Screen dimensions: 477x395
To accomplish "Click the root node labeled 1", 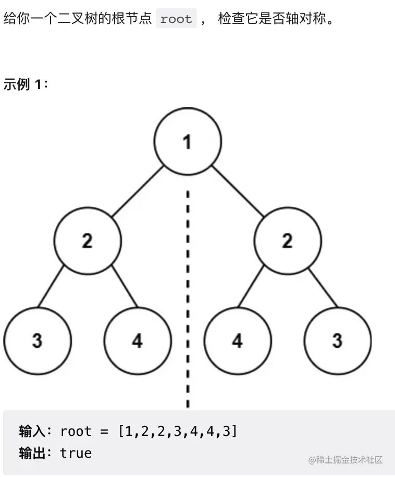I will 188,141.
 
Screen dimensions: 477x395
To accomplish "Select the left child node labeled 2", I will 88,241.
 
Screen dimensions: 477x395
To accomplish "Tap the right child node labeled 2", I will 288,241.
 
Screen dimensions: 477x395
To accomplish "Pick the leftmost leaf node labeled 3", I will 37,341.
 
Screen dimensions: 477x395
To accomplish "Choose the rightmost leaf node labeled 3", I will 338,341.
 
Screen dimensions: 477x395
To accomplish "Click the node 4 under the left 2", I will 138,341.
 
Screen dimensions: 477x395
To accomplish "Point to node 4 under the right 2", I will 238,341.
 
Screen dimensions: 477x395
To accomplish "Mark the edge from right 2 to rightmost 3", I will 323,286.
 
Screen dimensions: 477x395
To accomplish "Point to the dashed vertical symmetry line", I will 188,292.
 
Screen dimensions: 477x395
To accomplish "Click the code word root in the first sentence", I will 176,19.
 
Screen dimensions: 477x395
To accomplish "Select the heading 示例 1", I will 26,84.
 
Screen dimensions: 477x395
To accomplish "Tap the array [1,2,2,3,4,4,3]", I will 177,432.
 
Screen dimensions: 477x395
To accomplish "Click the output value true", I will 76,453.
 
